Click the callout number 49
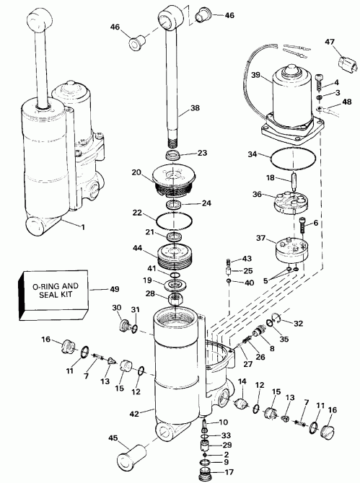click(x=114, y=290)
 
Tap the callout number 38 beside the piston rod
click(x=194, y=109)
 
